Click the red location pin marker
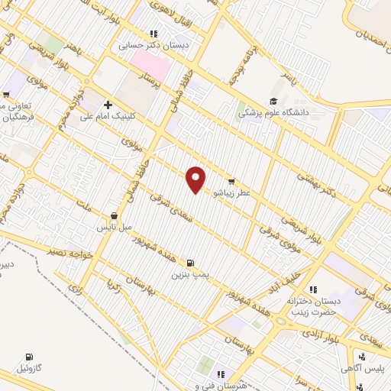(x=196, y=179)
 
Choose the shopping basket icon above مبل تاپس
(x=114, y=216)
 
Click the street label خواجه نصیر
(x=70, y=250)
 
